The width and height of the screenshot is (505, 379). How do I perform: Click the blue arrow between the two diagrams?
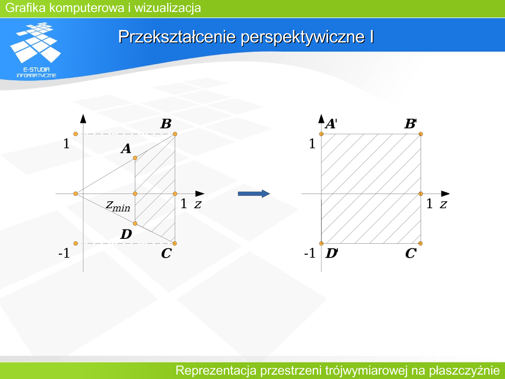click(x=254, y=193)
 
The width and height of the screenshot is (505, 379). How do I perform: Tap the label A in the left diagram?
click(x=126, y=149)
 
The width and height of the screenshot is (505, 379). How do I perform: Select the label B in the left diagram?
click(x=166, y=124)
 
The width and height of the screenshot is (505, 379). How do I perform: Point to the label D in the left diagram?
click(x=126, y=234)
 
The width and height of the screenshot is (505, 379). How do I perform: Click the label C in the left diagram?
click(x=166, y=253)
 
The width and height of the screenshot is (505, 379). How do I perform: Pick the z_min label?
click(x=118, y=206)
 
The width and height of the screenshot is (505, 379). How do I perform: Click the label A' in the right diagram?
click(x=331, y=124)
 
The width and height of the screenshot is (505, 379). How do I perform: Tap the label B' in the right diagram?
click(x=411, y=124)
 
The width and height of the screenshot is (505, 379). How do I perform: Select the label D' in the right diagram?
click(x=331, y=254)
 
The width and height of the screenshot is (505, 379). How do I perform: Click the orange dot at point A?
click(x=135, y=158)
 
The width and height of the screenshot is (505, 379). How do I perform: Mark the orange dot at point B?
click(x=175, y=134)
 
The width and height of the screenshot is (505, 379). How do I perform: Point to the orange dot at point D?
click(x=135, y=224)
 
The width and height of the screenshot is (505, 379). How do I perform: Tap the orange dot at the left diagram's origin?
click(x=75, y=193)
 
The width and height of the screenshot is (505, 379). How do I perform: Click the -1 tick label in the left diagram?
click(x=64, y=254)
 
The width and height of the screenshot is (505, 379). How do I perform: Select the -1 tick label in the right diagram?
click(x=310, y=254)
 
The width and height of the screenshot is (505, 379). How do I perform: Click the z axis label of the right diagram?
click(x=443, y=204)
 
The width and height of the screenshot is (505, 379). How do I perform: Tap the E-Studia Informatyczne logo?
click(x=36, y=50)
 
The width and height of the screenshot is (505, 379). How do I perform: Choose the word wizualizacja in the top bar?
click(x=168, y=8)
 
